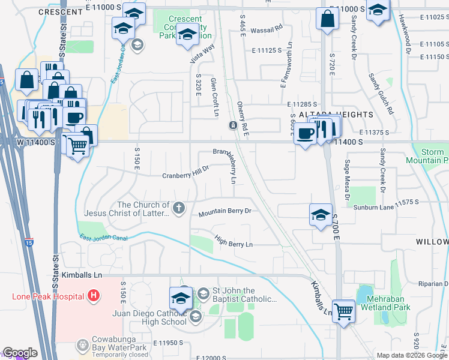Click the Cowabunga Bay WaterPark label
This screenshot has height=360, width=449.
(125, 346)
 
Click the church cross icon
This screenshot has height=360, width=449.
(178, 208)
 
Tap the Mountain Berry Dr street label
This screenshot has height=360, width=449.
(224, 211)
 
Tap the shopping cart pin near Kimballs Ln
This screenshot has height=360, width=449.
(343, 311)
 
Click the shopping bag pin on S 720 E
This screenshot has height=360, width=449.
(328, 19)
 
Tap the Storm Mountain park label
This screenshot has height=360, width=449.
(427, 157)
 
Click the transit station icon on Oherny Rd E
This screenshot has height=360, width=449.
(232, 125)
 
